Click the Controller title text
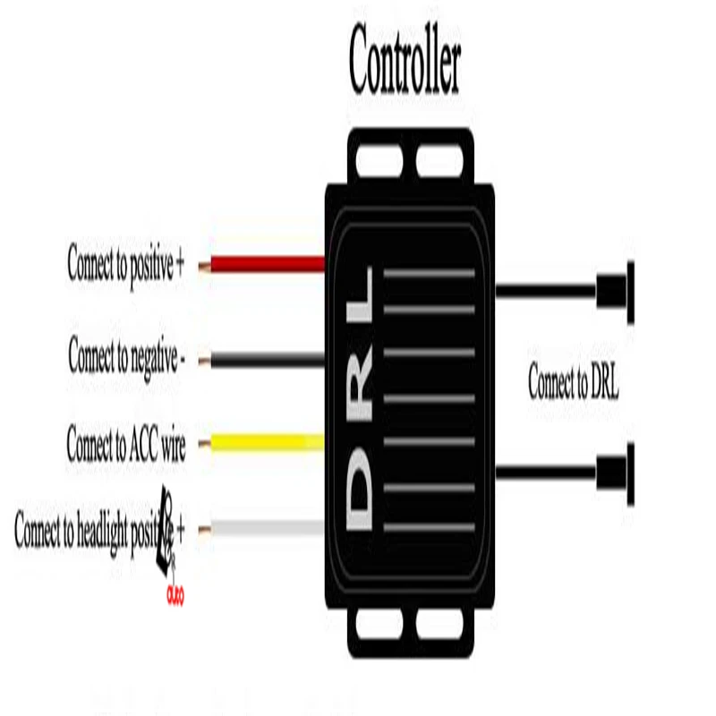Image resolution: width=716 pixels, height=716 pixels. click(405, 60)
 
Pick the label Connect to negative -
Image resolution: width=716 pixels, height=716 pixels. click(127, 357)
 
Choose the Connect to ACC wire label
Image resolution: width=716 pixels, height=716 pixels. click(126, 444)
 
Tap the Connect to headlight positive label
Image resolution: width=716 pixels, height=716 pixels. click(99, 529)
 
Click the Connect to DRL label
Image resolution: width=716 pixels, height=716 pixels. click(573, 385)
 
